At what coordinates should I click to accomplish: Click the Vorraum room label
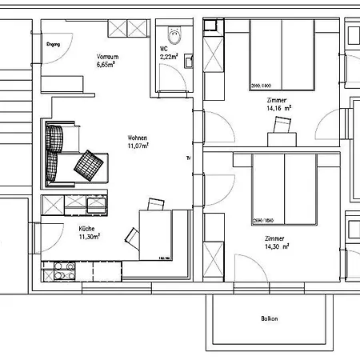107,57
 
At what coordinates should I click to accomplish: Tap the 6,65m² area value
107,65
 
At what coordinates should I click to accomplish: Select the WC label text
164,49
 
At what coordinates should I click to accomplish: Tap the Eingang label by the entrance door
54,44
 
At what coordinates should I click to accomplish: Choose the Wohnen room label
138,137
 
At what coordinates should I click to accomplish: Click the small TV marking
189,157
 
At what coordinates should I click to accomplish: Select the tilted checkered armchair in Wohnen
90,165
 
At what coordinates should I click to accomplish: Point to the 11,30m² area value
88,237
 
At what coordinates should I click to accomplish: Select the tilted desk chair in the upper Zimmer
282,125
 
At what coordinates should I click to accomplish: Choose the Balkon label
270,319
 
